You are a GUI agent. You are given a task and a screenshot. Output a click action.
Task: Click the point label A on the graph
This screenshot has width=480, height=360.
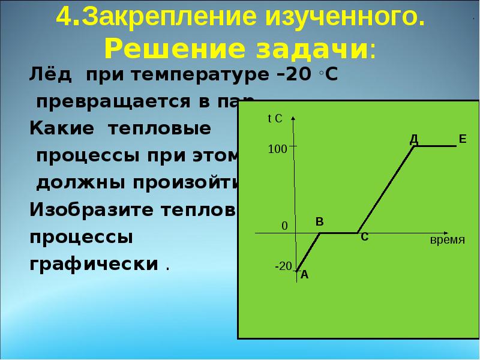304,275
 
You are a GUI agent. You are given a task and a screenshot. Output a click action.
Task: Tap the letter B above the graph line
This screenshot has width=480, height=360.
320,222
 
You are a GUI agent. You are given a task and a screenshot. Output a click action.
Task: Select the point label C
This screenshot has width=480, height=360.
364,238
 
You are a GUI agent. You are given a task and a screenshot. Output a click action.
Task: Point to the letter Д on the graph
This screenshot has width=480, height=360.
413,139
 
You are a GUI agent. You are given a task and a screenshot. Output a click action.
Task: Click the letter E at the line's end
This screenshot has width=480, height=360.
462,139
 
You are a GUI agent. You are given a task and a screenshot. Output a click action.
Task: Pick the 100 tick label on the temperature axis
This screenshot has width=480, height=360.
277,149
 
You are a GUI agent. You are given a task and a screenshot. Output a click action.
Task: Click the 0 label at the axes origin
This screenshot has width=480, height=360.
284,226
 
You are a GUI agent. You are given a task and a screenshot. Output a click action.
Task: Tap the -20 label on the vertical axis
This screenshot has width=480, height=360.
283,266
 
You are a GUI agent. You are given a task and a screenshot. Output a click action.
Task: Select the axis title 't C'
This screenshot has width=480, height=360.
275,119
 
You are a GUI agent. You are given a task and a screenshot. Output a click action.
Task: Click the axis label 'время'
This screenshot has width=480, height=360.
448,240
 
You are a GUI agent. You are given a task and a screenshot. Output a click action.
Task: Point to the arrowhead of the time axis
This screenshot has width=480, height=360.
444,232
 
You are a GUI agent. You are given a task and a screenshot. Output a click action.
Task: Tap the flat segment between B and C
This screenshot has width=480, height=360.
339,233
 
